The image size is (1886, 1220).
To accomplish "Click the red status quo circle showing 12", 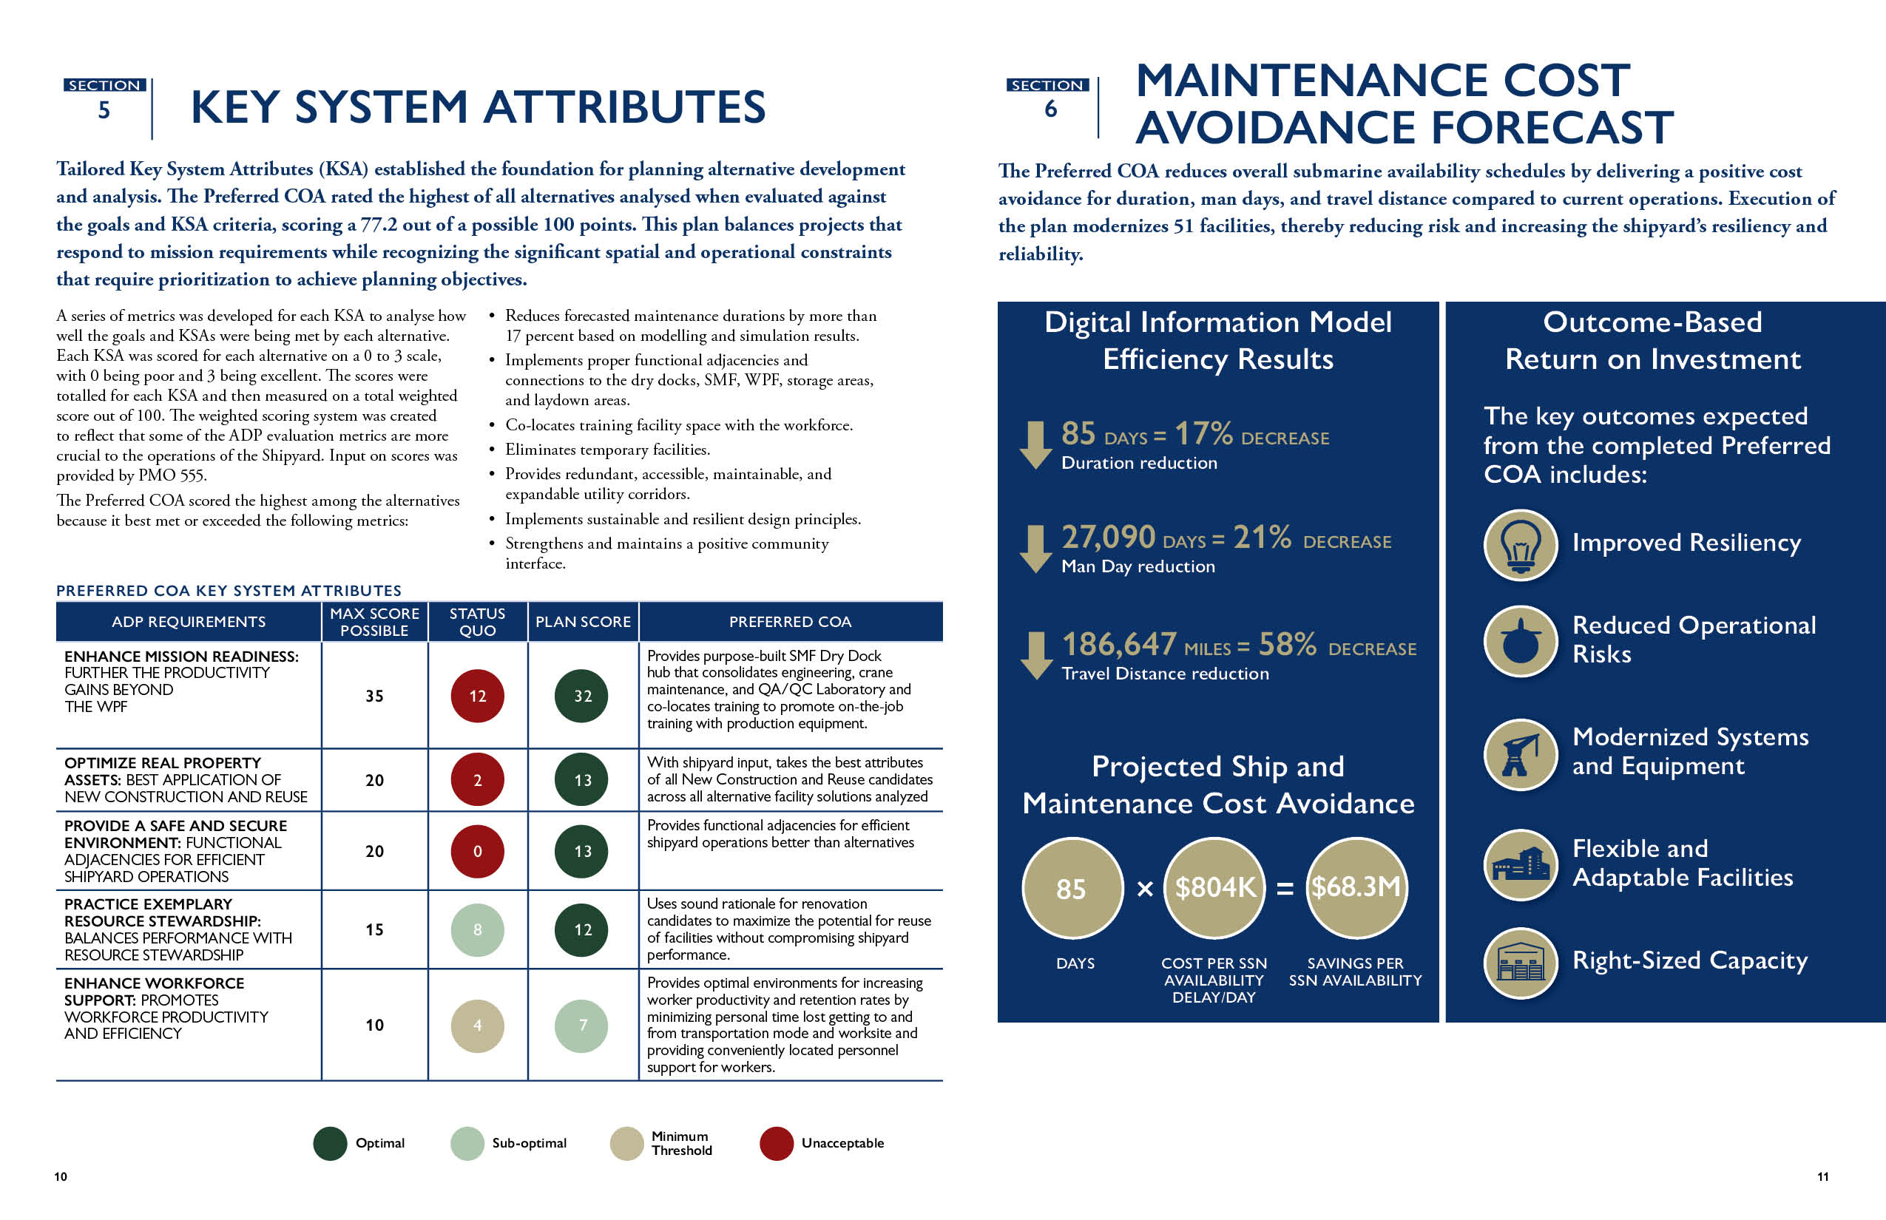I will pos(477,696).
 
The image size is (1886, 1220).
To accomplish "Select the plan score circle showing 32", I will pos(583,696).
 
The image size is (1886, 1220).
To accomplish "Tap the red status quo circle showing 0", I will pos(477,851).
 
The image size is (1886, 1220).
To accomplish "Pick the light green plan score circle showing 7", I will pos(583,1025).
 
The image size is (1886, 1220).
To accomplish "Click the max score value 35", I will pos(374,696).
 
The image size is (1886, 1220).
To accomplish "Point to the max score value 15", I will pos(374,929).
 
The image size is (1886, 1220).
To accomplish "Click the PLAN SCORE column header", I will pos(583,622).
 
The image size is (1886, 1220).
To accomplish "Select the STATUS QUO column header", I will pos(477,622).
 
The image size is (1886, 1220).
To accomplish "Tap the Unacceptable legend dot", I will pos(776,1143).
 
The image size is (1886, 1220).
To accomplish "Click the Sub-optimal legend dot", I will pos(467,1143).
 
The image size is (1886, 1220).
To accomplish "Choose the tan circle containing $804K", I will pos(1214,887).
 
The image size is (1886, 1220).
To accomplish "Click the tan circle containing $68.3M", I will pos(1356,887).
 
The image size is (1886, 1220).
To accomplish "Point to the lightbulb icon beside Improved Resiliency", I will pos(1520,544).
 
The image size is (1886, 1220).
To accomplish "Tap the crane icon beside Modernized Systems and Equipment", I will pos(1520,753).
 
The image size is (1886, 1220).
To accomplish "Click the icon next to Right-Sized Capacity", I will pos(1520,963).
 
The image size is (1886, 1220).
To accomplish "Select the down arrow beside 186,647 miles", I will pos(1035,655).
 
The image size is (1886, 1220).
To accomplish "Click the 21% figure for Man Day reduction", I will pos(1262,538).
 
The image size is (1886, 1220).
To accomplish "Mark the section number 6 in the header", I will pos(1051,109).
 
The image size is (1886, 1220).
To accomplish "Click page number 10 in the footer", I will pos(61,1176).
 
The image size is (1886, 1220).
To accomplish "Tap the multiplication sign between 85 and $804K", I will pos(1144,889).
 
